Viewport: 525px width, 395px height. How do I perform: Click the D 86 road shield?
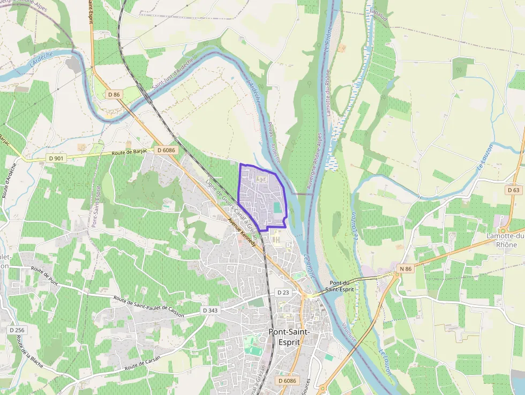[114, 94]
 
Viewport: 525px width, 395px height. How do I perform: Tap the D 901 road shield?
[55, 158]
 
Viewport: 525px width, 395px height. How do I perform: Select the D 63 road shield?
[514, 190]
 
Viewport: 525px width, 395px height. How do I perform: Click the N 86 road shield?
[406, 268]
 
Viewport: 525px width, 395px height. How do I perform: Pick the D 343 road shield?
[211, 310]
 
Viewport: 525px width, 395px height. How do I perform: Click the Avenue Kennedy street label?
[242, 231]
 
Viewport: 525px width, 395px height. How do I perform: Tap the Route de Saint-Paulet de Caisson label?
[149, 306]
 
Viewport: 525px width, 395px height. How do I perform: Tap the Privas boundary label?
[270, 130]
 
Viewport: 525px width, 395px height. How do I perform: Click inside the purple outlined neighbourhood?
[260, 196]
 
